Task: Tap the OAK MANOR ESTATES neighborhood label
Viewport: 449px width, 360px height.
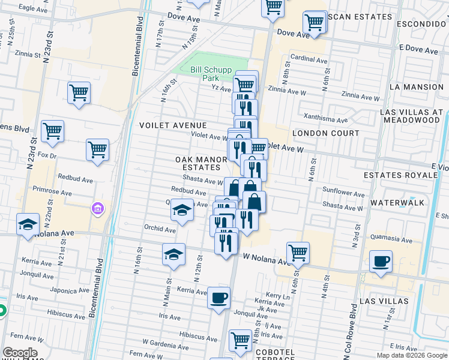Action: coord(201,163)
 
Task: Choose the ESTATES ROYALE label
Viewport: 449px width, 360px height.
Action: coord(401,175)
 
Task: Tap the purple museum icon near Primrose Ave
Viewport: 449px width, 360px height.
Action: coord(97,209)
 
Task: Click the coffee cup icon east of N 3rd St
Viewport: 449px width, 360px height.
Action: coord(381,262)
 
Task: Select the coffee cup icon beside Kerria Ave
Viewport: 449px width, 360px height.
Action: coord(218,297)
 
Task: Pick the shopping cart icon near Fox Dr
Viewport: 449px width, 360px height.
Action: coord(97,150)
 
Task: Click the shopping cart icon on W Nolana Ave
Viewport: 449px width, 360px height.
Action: coord(298,252)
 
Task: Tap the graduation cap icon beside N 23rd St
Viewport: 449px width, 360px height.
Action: coord(27,224)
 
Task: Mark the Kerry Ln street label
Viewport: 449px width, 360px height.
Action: coord(278,296)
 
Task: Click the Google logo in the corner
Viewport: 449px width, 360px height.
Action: coord(20,353)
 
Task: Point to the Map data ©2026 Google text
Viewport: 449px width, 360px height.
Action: coord(412,355)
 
